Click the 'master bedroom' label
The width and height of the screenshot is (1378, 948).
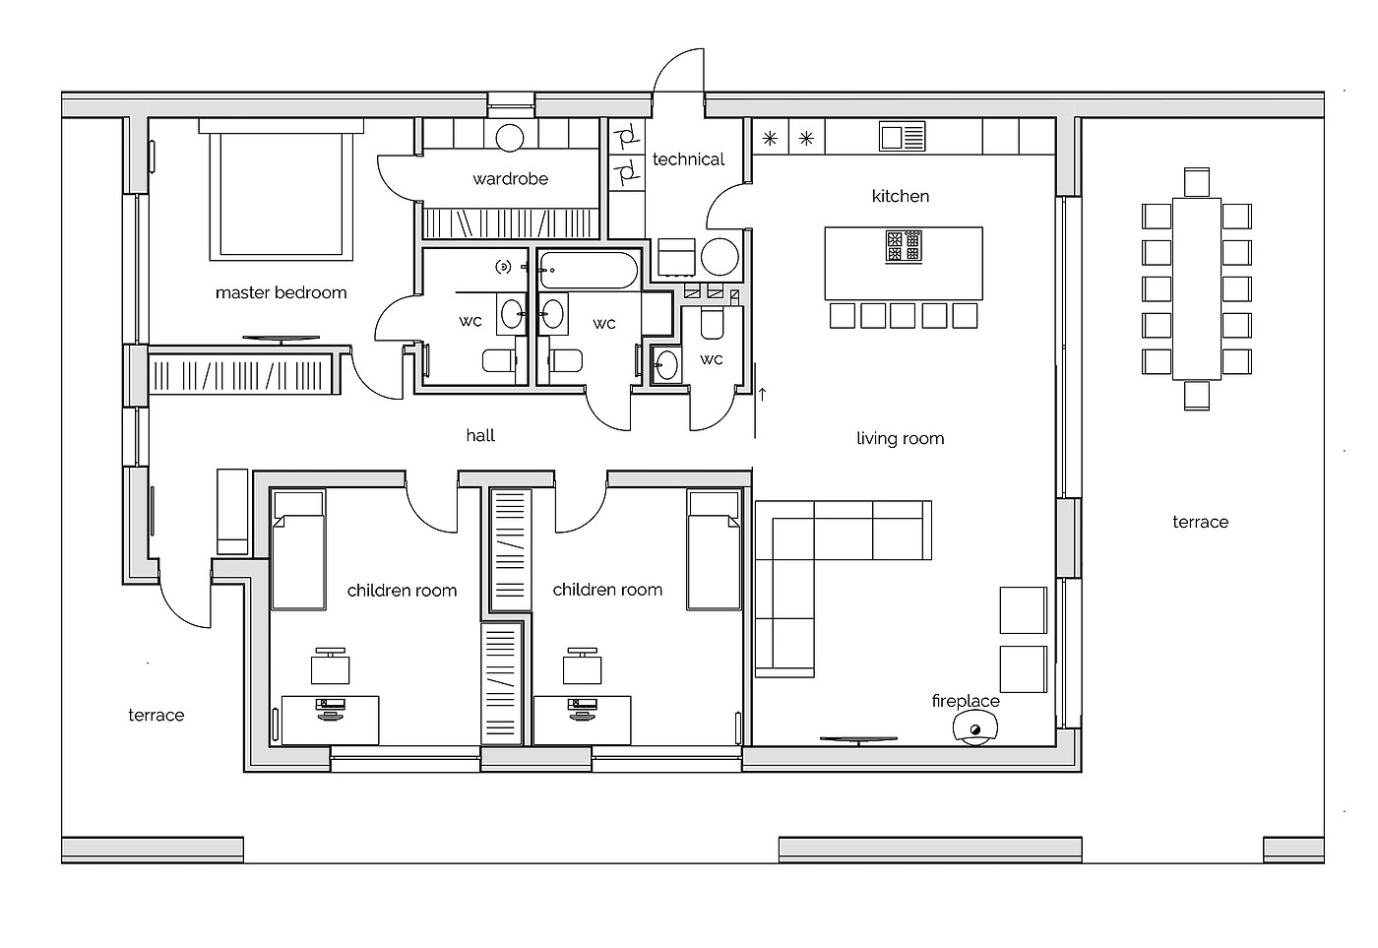coord(282,292)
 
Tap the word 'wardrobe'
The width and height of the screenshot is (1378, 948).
coord(510,179)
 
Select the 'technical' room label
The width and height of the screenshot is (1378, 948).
coord(688,159)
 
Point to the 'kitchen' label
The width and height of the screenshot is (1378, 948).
coord(900,196)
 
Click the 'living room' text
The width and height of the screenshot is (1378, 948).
coord(900,439)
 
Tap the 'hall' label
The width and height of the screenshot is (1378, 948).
coord(480,435)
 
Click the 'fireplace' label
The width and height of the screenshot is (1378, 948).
coord(966,701)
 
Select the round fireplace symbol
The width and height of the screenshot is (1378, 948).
coord(974,728)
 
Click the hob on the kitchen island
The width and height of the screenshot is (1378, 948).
coord(904,247)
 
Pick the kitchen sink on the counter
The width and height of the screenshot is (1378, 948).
coord(902,137)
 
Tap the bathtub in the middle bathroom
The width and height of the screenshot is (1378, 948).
coord(589,270)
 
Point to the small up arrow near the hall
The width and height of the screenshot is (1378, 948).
coord(762,395)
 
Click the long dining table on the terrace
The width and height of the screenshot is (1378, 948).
coord(1197,288)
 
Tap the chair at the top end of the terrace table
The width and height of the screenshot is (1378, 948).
coord(1197,182)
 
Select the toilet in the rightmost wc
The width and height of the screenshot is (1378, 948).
coord(713,324)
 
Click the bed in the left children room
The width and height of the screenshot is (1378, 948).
coord(298,550)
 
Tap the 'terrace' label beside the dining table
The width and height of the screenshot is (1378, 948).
coord(1200,523)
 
